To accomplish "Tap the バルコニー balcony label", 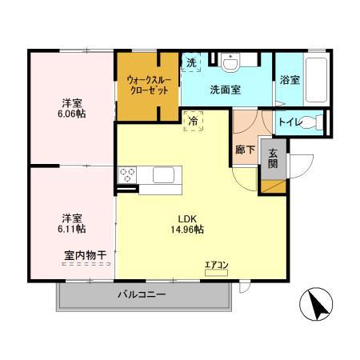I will point(142,294).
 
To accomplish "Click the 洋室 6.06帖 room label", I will point(73,109).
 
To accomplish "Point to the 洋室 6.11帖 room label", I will point(73,222).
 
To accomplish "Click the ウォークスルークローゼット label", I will point(146,85).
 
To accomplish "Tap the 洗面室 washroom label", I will point(226,90).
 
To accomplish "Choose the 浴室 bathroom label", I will point(290,81).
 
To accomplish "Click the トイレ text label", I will point(289,122).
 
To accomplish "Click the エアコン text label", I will point(216,265).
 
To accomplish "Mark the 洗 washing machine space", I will point(192,63).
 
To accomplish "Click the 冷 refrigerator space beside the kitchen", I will point(194,121).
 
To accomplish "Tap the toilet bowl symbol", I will point(319,122).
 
